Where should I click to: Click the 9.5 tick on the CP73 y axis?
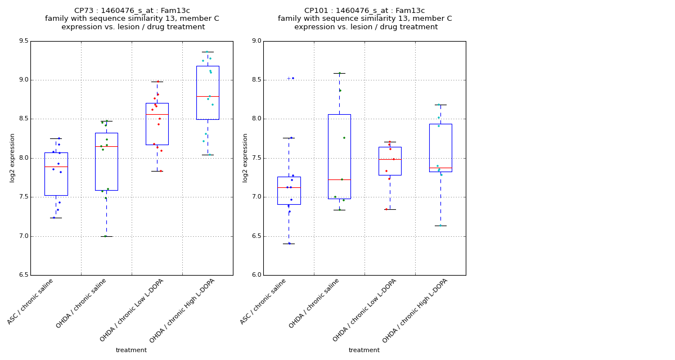pos(22,41)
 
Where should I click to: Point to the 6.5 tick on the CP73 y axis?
pos(22,275)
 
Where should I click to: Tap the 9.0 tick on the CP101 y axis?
pos(256,41)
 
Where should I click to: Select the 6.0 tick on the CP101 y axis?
pos(256,275)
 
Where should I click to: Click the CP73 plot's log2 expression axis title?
pos(12,157)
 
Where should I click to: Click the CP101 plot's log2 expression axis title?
pos(245,157)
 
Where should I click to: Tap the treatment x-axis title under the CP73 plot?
pos(131,350)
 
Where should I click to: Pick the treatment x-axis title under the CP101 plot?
pos(364,350)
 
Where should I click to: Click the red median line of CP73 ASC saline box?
pos(56,166)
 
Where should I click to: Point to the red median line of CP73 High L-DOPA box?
pos(208,96)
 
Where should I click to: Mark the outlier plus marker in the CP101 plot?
pos(289,78)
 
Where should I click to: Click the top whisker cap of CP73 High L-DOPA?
pos(208,52)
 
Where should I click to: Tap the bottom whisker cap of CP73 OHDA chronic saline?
pos(106,236)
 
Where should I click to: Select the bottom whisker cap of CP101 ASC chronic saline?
pos(289,244)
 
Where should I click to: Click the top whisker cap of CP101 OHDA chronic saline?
pos(339,73)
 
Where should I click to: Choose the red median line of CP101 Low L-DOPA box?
pos(390,159)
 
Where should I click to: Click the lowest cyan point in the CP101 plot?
pos(440,226)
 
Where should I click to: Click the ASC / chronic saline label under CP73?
pos(31,301)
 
